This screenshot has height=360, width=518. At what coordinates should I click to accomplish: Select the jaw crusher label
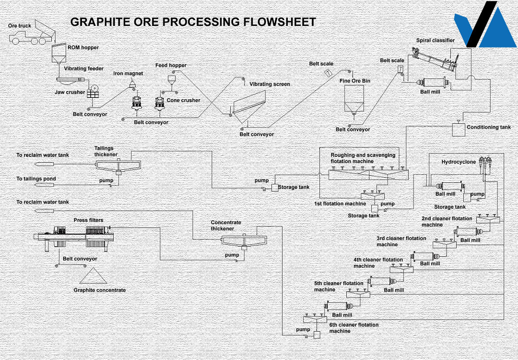tap(70, 92)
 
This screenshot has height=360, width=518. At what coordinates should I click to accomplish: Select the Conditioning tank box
tap(460, 129)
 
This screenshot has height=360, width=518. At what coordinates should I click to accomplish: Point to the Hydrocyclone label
tap(459, 162)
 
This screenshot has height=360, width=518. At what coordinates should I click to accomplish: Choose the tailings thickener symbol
tap(118, 166)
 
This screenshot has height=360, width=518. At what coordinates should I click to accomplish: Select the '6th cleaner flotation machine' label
tap(353, 328)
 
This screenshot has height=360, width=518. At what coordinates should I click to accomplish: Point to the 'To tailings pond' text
tap(36, 179)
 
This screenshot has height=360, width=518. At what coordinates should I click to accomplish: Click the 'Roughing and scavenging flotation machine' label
tap(363, 158)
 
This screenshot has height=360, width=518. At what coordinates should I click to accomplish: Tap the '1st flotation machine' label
tap(340, 204)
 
